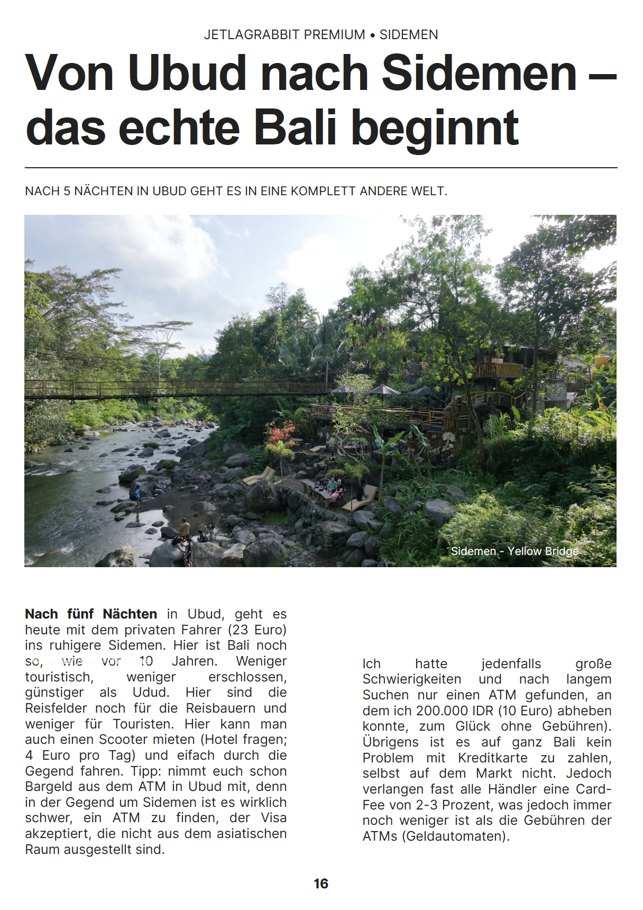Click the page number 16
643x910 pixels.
321,884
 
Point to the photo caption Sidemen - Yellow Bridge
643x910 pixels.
514,551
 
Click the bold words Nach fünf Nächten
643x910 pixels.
91,614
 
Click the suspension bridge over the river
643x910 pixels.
174,389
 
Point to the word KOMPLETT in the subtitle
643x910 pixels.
323,192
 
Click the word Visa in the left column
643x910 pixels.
273,818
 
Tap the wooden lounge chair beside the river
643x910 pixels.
259,476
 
